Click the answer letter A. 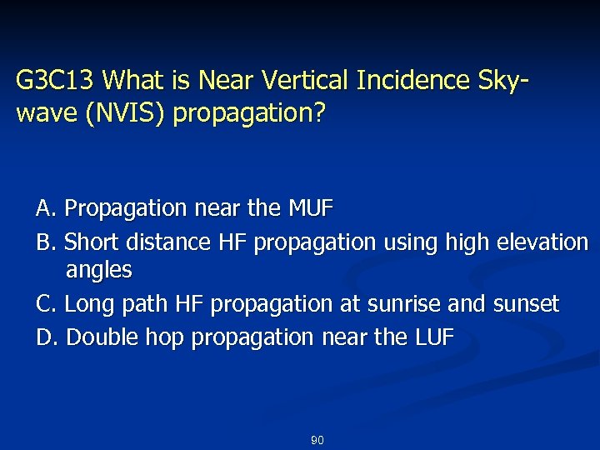(46, 207)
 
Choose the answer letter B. (46, 242)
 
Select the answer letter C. (46, 304)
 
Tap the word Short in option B (90, 242)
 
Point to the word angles (98, 270)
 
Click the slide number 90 (317, 440)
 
